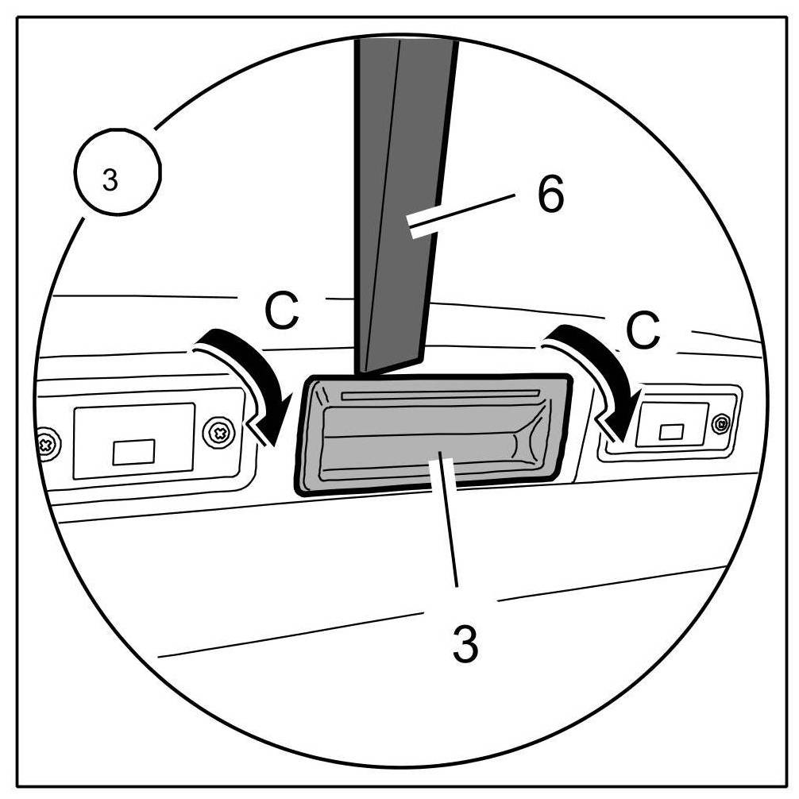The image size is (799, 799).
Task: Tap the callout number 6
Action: (550, 195)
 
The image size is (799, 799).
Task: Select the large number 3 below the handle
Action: (465, 645)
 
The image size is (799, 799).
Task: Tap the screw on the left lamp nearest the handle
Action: (218, 433)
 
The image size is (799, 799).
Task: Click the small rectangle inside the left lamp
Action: (134, 452)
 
